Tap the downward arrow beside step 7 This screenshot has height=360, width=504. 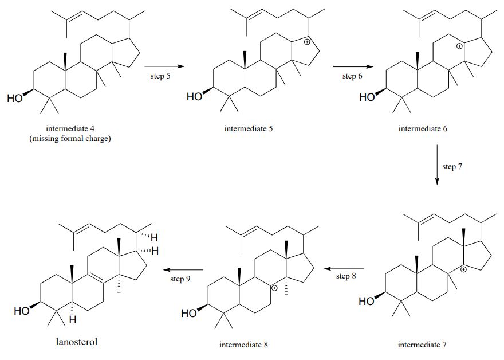coord(437,165)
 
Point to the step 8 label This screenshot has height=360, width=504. coord(346,276)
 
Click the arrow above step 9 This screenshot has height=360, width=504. coord(184,269)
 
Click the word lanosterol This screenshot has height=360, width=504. coord(77,342)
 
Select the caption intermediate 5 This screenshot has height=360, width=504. coord(248,128)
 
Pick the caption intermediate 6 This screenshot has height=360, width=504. coord(423,128)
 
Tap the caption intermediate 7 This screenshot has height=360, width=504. coord(422,345)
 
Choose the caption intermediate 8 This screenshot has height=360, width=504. coord(243,345)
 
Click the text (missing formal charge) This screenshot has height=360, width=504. coord(70,138)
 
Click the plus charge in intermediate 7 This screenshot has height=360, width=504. coord(464,269)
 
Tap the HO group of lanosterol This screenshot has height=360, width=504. coord(22,311)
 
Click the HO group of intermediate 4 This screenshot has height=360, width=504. coord(15,98)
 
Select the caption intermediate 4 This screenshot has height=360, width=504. coord(70,128)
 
